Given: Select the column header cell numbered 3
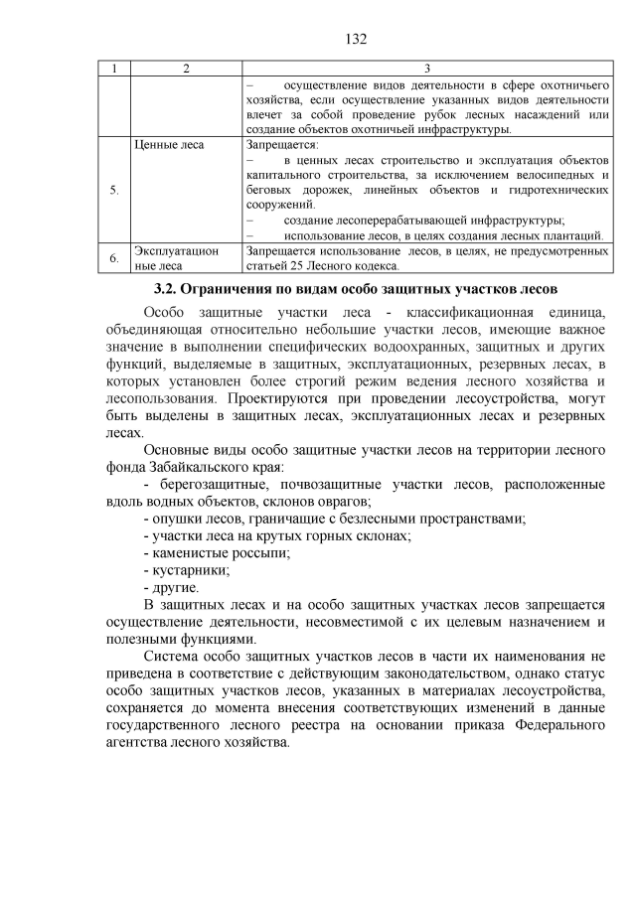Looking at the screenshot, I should [x=426, y=69].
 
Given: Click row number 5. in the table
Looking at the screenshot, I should [x=114, y=192].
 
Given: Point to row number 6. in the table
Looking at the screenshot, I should [x=114, y=259].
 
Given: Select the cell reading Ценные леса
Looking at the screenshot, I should [x=168, y=145].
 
